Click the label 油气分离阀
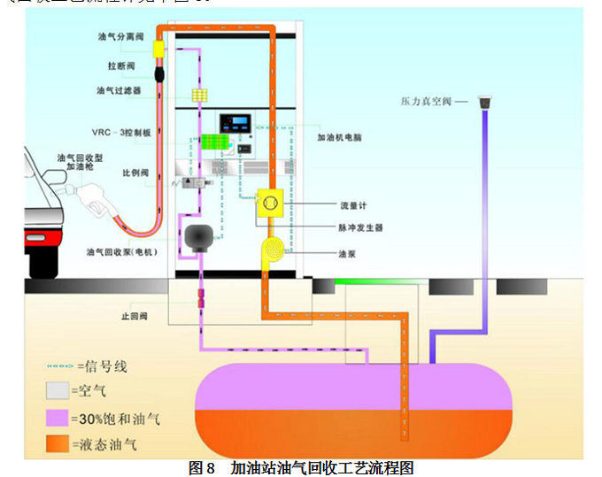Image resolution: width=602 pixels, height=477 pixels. [121, 38]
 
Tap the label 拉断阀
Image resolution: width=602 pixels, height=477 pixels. [121, 66]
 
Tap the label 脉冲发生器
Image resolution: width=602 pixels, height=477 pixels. [359, 227]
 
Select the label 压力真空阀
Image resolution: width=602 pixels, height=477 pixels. [430, 103]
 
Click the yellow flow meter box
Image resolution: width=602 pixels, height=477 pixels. [269, 205]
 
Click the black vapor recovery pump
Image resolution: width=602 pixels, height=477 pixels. [199, 238]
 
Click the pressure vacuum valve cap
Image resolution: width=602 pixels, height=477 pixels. [485, 103]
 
